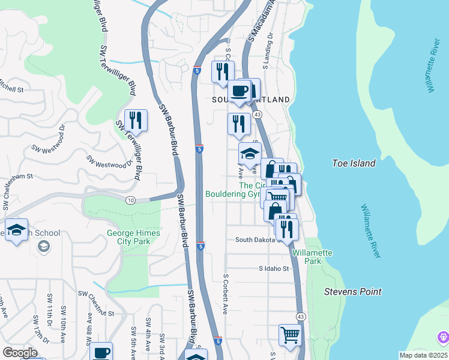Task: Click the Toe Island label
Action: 354,163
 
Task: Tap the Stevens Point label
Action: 352,292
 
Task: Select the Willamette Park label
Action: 312,257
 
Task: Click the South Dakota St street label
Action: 258,239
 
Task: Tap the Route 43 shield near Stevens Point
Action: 301,316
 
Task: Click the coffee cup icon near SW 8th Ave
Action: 101,352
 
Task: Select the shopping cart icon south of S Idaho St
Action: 289,335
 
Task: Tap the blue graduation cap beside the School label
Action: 16,230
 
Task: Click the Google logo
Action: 20,353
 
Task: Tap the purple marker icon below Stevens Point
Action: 443,337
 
